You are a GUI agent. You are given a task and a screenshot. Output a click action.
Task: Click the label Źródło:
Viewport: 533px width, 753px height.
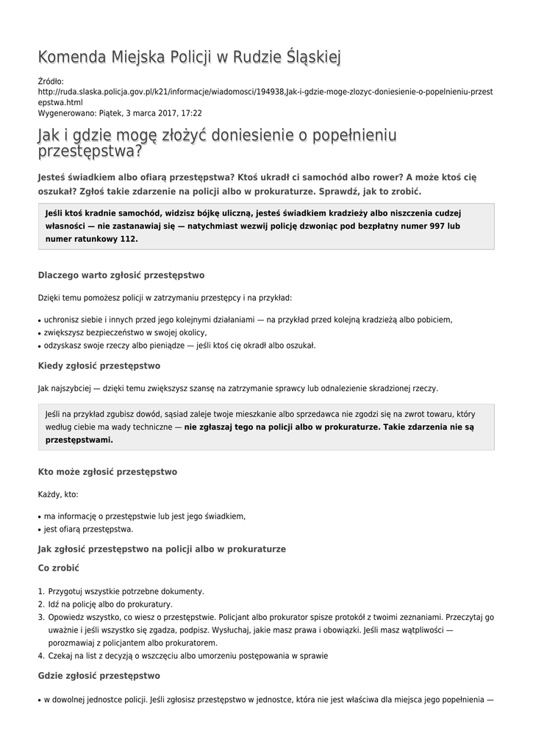tap(51, 81)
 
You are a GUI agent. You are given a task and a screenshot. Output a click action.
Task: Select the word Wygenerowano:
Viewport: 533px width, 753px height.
tap(66, 114)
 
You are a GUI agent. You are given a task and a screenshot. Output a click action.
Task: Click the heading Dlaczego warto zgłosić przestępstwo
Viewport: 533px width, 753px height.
tap(121, 275)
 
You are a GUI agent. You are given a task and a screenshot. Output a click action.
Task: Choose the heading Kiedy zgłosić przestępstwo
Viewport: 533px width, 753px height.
tap(99, 365)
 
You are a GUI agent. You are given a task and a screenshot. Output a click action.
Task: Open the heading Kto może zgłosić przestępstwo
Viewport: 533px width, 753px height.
tap(107, 471)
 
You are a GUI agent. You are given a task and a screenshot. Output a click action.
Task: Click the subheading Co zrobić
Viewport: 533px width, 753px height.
tap(58, 568)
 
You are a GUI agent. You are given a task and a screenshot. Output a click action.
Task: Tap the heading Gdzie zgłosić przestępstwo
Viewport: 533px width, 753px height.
tap(99, 675)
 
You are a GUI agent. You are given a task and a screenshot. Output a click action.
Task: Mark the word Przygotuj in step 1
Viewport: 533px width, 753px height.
tap(68, 591)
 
